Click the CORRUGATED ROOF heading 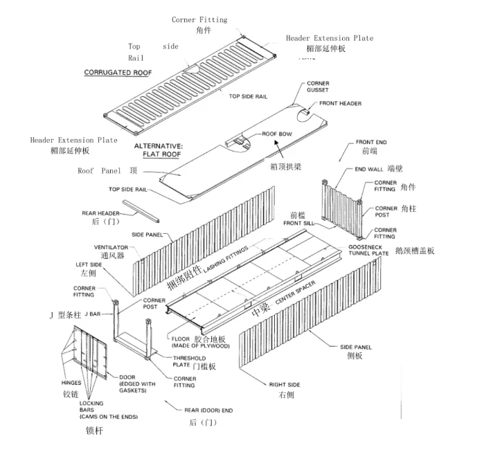[118, 72]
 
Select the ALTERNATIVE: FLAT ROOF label [158, 150]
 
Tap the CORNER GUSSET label [320, 87]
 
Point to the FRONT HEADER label [341, 104]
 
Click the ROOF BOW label [278, 134]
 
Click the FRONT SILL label [299, 223]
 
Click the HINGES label [71, 382]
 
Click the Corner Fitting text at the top [199, 20]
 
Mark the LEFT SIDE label [89, 264]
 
